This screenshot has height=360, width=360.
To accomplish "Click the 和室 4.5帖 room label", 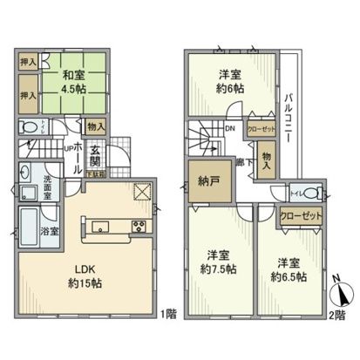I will (x=72, y=81).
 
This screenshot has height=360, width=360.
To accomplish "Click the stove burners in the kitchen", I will (x=139, y=228).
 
